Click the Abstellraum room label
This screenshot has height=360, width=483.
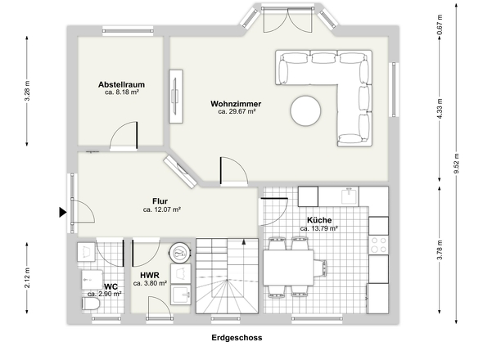click(x=121, y=84)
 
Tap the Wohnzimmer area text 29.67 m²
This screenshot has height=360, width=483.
click(x=237, y=111)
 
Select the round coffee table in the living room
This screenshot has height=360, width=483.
click(x=305, y=111)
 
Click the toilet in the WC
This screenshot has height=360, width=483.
click(x=91, y=304)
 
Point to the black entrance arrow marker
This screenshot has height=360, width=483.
click(x=63, y=212)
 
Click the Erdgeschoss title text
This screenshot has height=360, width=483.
click(x=237, y=338)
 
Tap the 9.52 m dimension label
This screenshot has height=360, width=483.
click(x=457, y=163)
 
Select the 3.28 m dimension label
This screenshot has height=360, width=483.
click(x=27, y=91)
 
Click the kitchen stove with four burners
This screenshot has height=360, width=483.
click(x=378, y=245)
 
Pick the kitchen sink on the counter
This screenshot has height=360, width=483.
click(x=349, y=196)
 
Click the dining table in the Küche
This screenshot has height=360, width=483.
click(x=288, y=268)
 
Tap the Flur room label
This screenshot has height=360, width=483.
click(x=160, y=201)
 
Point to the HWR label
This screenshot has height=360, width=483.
click(x=150, y=275)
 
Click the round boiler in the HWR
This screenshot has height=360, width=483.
click(x=180, y=253)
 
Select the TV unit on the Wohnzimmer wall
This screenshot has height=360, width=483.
click(x=176, y=97)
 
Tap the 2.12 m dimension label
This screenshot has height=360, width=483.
click(x=27, y=278)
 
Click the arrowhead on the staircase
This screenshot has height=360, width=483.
click(x=244, y=242)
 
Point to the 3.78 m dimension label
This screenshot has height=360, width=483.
click(x=440, y=250)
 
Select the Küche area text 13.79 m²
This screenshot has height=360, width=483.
click(x=318, y=228)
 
